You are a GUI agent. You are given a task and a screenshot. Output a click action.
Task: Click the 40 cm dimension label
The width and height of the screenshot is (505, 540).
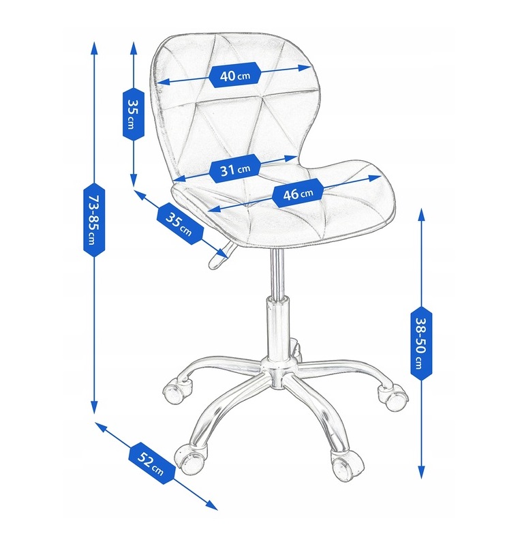(x=234, y=75)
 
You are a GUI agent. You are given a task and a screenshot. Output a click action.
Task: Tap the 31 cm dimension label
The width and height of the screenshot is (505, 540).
(x=234, y=169)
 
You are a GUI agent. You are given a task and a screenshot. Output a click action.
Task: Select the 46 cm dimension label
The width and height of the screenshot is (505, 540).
(x=298, y=194)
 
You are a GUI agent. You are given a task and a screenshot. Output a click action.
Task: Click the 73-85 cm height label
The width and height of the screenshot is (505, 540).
(x=94, y=220)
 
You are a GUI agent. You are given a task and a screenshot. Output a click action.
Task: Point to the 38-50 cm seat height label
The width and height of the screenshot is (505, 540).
(x=421, y=343)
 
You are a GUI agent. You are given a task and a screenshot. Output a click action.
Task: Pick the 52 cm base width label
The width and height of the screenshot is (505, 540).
(x=151, y=464)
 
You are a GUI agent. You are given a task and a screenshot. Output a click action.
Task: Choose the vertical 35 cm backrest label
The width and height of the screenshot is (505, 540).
(x=134, y=114)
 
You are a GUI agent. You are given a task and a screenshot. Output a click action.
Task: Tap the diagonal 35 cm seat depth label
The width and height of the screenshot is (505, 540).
(x=180, y=224)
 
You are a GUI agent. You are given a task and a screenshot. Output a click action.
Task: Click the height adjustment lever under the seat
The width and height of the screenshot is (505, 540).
(x=219, y=256)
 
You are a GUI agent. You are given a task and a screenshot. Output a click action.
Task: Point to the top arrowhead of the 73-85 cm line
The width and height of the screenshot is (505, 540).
(x=93, y=49)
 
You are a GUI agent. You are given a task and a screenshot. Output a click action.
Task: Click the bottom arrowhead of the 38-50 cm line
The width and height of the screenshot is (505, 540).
(x=422, y=472)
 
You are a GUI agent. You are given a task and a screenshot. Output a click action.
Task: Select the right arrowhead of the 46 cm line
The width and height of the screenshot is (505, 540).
(x=375, y=178)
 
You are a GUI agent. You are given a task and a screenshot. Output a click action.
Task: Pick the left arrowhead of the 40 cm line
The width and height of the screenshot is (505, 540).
(x=163, y=82)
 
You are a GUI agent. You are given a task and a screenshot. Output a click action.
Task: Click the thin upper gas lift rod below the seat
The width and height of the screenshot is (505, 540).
(x=276, y=272)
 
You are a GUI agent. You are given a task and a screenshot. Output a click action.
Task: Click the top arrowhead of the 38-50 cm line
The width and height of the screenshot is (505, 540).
(x=422, y=215)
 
